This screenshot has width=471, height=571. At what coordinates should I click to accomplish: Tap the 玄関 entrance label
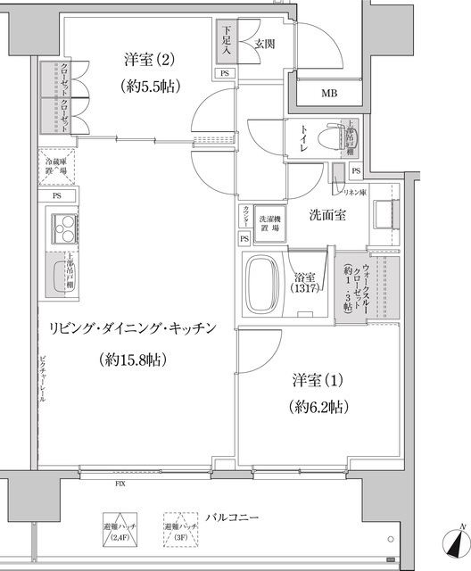pos(263,42)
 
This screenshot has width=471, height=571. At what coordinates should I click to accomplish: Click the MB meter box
pos(328,92)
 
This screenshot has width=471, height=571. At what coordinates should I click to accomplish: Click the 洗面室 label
pos(327,215)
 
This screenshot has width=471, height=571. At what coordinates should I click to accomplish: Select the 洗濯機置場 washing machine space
pos(269,224)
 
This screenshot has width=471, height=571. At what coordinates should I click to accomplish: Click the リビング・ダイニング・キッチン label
pos(133,328)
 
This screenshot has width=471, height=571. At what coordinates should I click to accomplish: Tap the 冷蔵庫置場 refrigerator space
pos(55,167)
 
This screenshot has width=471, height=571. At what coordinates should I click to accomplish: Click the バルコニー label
pos(231,517)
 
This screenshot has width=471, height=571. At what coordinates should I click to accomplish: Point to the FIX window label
pos(119,484)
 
